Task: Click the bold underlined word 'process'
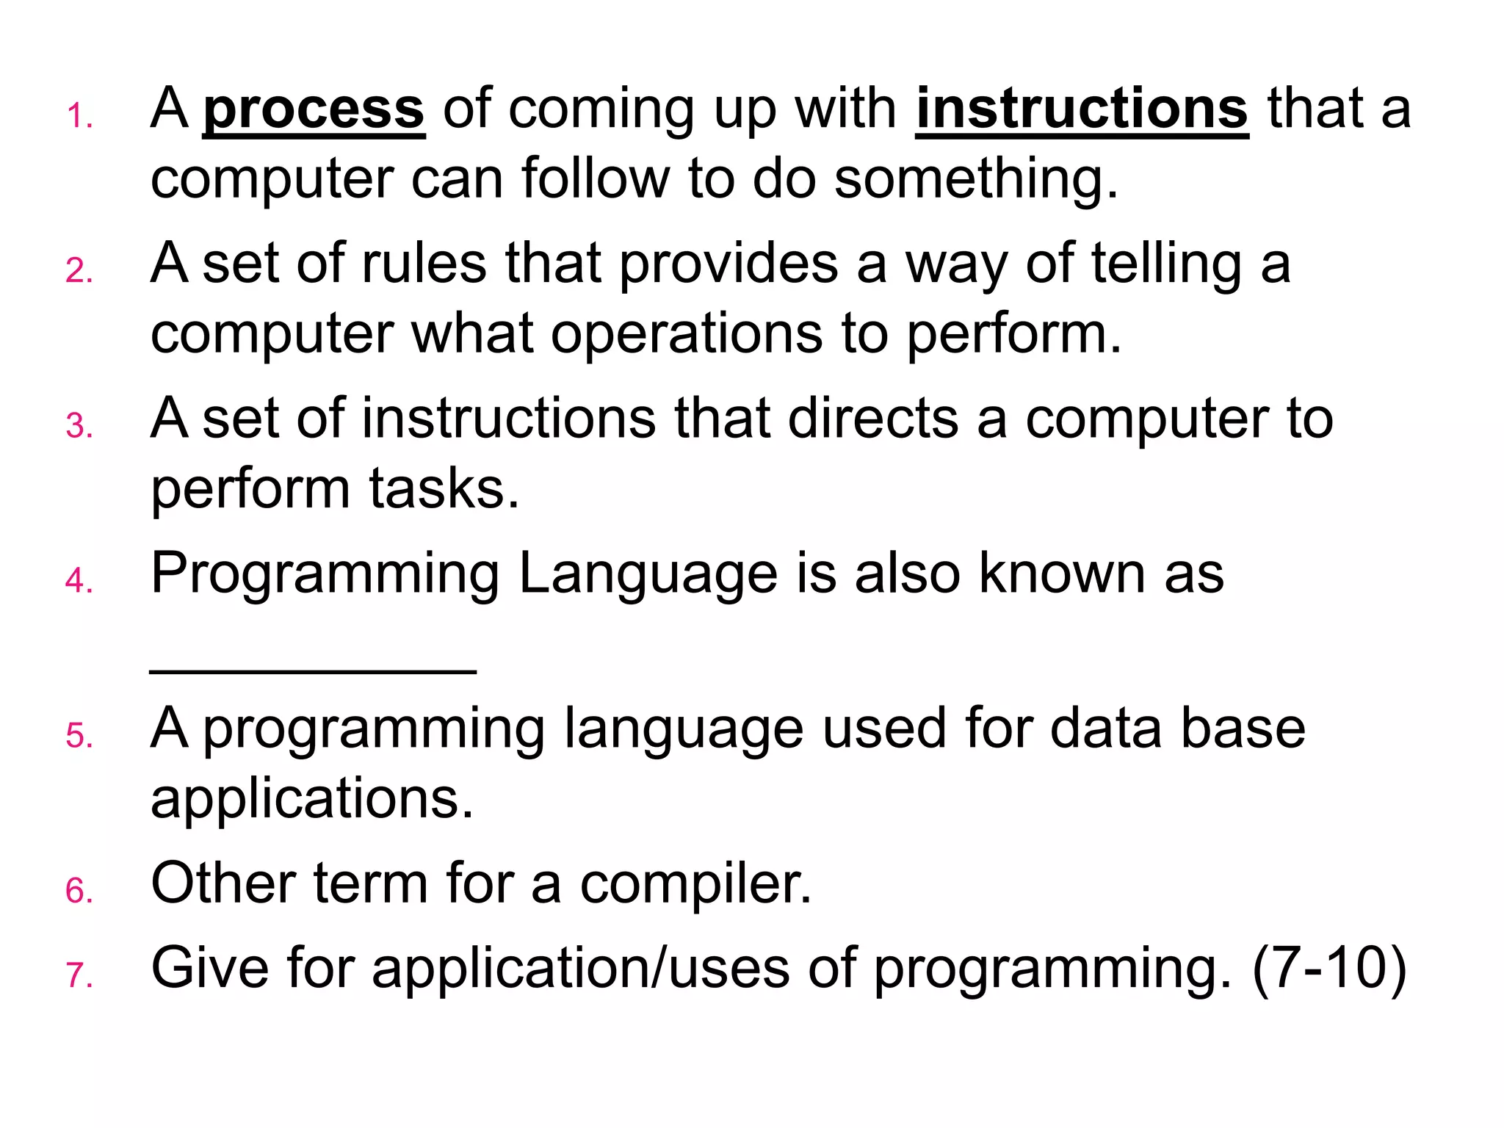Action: pos(314,110)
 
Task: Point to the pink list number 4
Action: pos(78,582)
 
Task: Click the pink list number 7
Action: pos(78,976)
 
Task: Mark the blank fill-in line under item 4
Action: pos(314,670)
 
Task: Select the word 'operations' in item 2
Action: pos(686,333)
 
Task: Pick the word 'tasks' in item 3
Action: pos(442,489)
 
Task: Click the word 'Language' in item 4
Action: pos(648,574)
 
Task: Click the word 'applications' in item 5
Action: pos(312,799)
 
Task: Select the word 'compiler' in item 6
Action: pos(695,884)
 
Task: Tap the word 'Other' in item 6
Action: pos(223,883)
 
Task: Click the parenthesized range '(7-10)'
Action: pos(1329,969)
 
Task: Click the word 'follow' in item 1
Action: pos(596,179)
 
